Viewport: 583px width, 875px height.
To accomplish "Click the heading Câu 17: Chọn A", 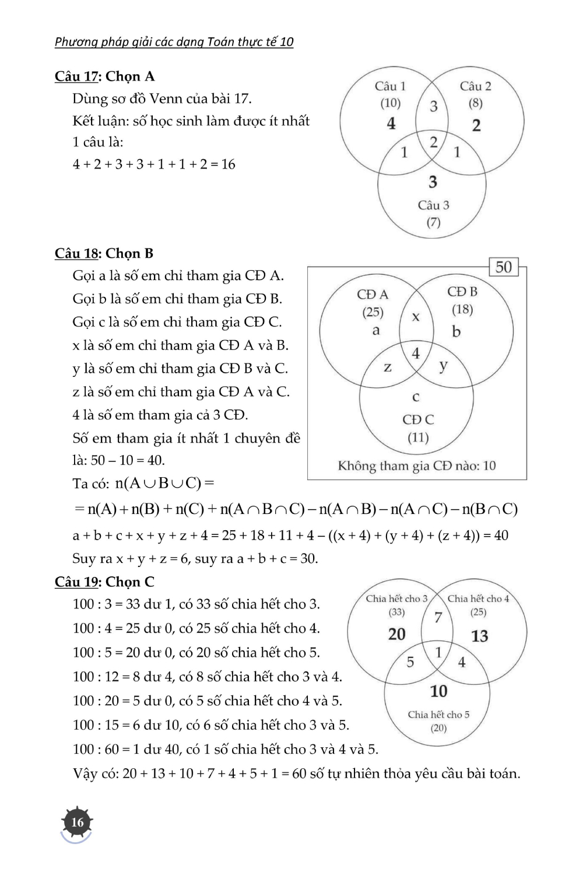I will (x=104, y=76).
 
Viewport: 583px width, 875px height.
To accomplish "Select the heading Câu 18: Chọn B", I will (x=104, y=253).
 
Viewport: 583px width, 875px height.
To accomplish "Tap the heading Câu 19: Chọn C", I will (x=104, y=582).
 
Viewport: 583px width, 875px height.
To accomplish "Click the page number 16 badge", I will (x=77, y=822).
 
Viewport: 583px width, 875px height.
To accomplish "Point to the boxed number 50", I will (x=504, y=267).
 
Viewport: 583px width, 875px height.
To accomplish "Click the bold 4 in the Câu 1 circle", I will (x=391, y=124).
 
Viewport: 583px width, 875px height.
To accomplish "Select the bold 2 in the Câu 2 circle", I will (x=476, y=125).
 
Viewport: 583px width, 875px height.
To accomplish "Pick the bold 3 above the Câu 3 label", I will (x=433, y=182).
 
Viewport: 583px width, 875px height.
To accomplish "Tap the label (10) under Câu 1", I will (x=390, y=103).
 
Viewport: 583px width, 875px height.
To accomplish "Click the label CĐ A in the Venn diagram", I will (x=373, y=294).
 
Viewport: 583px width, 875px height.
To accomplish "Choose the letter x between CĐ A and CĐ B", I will (x=416, y=317).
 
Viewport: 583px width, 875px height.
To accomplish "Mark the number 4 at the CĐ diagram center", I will (x=416, y=353).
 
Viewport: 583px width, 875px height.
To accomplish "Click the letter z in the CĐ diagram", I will (x=387, y=367).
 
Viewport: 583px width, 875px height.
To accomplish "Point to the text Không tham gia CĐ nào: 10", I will (x=417, y=466).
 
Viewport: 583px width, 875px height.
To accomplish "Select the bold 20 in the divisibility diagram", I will (x=396, y=634).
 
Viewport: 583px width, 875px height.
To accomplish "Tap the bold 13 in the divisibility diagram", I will (x=479, y=636).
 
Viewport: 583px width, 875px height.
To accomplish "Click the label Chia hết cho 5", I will (x=438, y=715).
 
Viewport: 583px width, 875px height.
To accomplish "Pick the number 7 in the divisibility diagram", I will (x=438, y=617).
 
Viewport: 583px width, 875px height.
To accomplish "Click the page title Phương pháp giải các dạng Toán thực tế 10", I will (x=174, y=41).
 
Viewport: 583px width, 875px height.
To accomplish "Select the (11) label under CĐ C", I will (x=418, y=437).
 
